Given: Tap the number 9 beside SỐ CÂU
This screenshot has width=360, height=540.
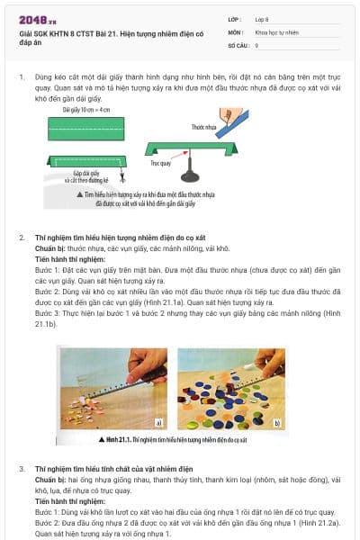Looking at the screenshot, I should pos(257,44).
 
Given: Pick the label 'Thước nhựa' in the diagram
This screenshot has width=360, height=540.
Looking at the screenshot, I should pos(204,129).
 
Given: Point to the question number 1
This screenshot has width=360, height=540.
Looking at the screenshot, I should pos(22,77).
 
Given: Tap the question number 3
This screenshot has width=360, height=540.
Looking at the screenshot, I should pos(22,469).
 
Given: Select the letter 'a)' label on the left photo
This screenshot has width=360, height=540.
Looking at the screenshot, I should pos(158,421).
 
